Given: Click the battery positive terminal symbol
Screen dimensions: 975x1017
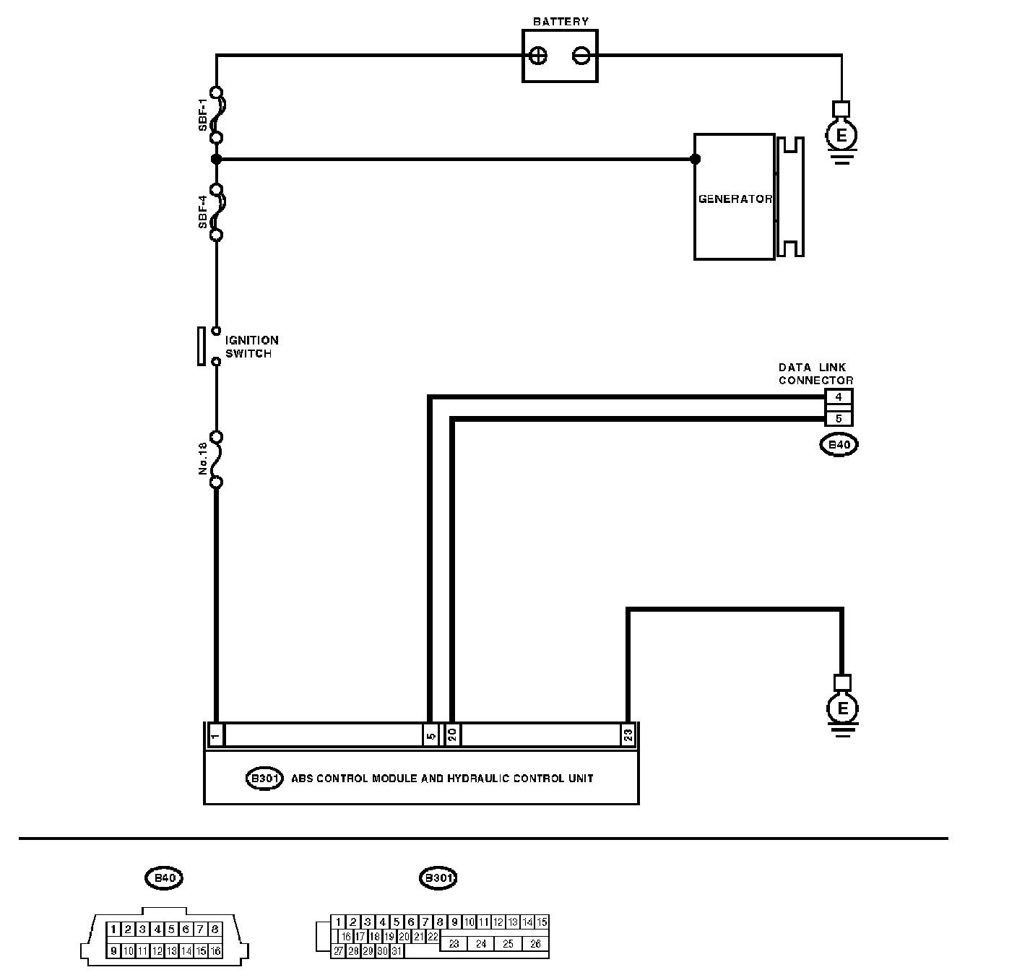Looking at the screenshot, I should click(539, 56).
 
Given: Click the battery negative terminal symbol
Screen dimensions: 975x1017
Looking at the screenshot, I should click(582, 56).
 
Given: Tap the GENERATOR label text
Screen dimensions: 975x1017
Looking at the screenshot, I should click(735, 199).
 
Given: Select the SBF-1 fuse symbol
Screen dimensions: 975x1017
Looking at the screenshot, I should click(216, 114).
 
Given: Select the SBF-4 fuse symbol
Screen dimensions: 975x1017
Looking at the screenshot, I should click(216, 211).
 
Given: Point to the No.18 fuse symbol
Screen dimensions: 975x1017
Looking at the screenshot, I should click(216, 459).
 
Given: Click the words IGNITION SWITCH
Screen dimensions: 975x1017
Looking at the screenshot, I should click(251, 347).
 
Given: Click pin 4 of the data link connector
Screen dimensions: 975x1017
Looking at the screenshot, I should click(838, 396).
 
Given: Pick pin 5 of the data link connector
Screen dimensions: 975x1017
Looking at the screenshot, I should click(838, 418).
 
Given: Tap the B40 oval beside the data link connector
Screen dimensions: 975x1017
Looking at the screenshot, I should click(839, 445).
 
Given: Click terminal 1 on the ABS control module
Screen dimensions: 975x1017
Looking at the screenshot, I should click(215, 734).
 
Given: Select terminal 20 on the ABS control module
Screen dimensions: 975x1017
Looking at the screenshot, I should click(452, 734).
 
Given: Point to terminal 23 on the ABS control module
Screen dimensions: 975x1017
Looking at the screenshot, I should click(628, 734).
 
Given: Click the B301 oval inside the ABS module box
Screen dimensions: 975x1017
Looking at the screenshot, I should click(264, 779).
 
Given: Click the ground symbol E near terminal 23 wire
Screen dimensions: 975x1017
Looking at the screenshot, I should click(842, 708).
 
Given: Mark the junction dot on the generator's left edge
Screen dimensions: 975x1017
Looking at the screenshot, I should click(695, 159).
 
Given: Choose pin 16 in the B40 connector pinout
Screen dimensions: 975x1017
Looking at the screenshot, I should click(215, 951).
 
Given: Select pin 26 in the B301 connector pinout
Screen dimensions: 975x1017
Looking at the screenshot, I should click(535, 943).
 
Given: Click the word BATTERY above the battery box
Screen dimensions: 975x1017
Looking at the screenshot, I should click(561, 22).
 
